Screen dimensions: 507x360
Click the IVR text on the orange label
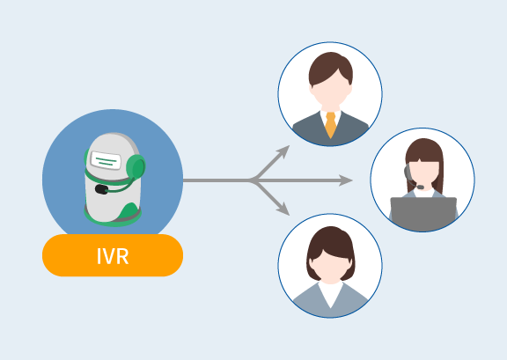pos(113,256)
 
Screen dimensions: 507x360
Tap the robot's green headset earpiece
pos(136,166)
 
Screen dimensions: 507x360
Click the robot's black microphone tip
pos(101,189)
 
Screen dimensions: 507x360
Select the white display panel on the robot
pos(106,160)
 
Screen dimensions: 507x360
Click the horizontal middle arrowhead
pos(346,180)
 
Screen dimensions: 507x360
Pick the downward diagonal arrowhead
pos(283,209)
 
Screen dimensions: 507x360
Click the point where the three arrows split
pos(253,180)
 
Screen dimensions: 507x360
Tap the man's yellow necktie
pos(330,125)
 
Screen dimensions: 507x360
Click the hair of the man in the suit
pos(330,66)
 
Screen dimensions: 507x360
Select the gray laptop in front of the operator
pos(423,214)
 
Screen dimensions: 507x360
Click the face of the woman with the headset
pos(424,174)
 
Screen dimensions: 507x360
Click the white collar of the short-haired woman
pos(330,294)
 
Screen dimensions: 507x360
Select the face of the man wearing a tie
pos(330,92)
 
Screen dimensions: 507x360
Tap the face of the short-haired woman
pos(330,267)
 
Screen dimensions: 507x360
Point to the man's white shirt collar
pos(330,117)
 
